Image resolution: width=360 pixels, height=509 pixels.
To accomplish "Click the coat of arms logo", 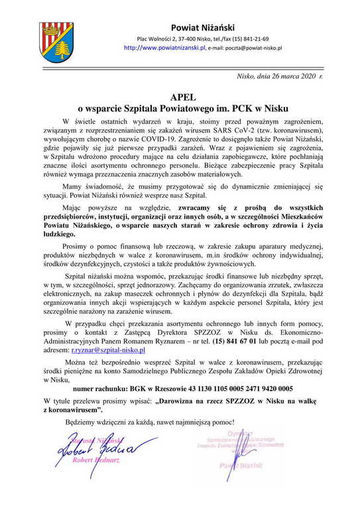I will (x=56, y=41).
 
